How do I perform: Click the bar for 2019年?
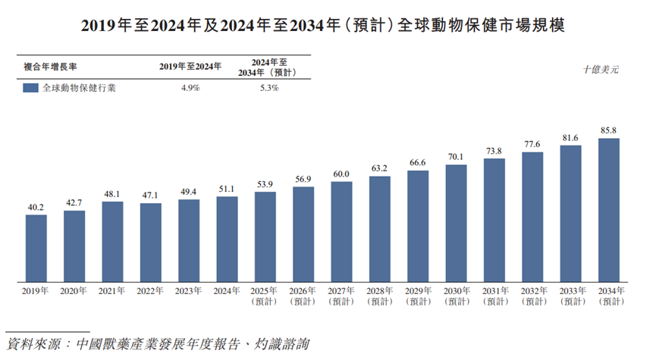click(36, 247)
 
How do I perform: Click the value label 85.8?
click(609, 130)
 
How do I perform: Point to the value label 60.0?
click(341, 174)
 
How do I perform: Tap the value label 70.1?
click(456, 157)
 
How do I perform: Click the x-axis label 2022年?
click(150, 291)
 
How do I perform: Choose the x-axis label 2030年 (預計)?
click(456, 296)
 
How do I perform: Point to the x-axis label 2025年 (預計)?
click(265, 296)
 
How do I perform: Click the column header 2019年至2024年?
click(190, 67)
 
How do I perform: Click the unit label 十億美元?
click(601, 69)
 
